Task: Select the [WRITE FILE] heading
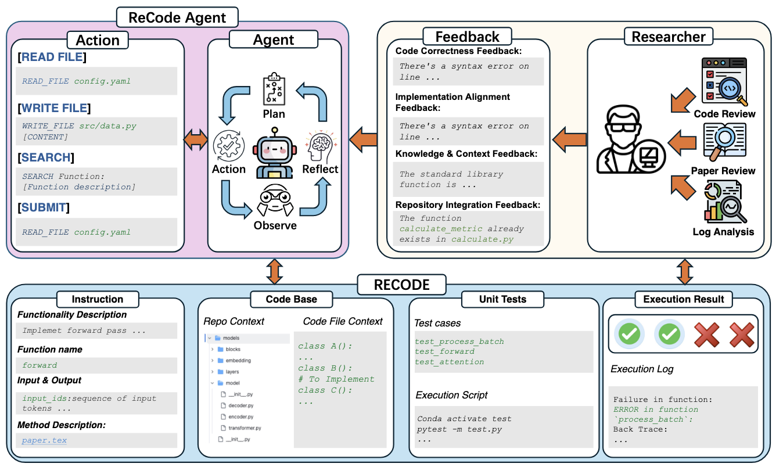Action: point(54,108)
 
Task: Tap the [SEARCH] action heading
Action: point(46,157)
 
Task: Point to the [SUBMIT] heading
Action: point(44,207)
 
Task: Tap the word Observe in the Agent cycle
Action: point(275,225)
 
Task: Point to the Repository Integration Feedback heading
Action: point(468,204)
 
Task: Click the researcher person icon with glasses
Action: point(628,140)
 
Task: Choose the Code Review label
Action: point(724,114)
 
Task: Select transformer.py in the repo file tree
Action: point(245,428)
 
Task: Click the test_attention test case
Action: point(449,362)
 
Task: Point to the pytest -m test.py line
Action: point(459,429)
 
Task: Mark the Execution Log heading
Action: point(642,369)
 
